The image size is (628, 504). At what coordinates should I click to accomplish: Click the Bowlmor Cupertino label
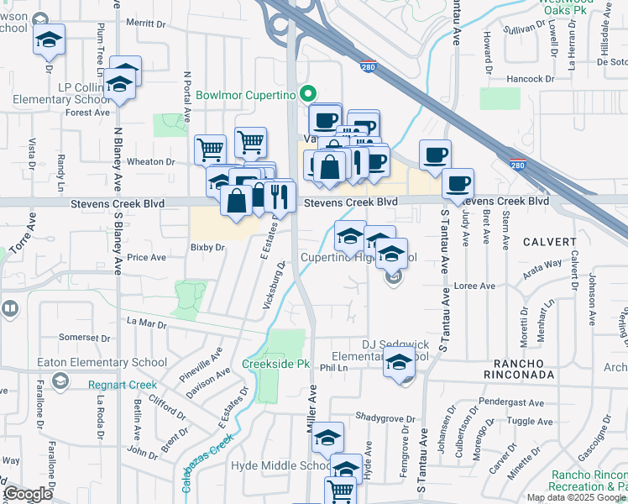click(247, 95)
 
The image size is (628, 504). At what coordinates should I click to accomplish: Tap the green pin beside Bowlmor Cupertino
click(308, 94)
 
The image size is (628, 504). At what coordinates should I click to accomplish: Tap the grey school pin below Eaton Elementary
click(60, 382)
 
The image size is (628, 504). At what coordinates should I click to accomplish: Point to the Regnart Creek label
click(123, 385)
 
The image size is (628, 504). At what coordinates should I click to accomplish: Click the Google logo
click(29, 494)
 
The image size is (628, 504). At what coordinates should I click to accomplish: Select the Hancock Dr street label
click(532, 78)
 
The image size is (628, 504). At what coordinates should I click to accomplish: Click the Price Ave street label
click(146, 258)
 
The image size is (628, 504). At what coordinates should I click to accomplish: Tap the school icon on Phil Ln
click(399, 364)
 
